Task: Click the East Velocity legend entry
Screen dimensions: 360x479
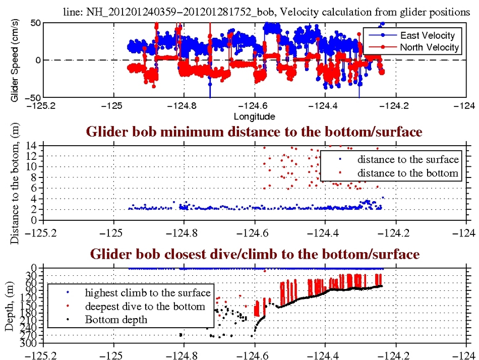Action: (427, 35)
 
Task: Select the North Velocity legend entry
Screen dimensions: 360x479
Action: (429, 47)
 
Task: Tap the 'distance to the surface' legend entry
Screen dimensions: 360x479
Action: (408, 160)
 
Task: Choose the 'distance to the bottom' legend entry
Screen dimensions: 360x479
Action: (408, 173)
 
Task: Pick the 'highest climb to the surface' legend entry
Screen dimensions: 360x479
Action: (147, 292)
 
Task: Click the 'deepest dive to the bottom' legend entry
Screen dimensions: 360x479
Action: (145, 306)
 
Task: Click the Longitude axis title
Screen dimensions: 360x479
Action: (254, 117)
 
